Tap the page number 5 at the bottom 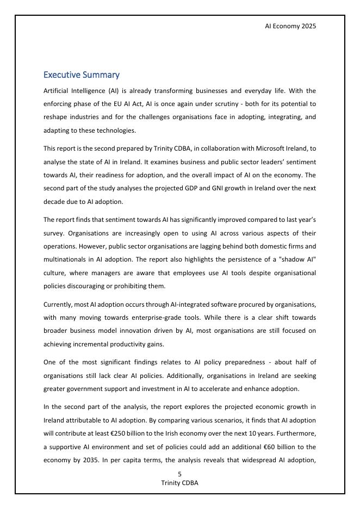(x=179, y=474)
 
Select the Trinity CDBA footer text (x=179, y=483)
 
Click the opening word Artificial (x=58, y=90)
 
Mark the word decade (x=54, y=201)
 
